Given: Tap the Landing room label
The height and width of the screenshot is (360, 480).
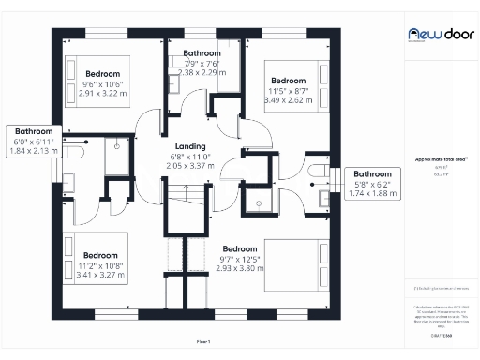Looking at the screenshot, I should point(190,145).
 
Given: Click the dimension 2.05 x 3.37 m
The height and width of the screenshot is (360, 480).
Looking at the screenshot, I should point(190,164).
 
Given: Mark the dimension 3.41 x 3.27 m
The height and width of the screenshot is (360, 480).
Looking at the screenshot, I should point(99,276).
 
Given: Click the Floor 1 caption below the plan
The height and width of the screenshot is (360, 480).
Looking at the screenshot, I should point(203,340).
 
